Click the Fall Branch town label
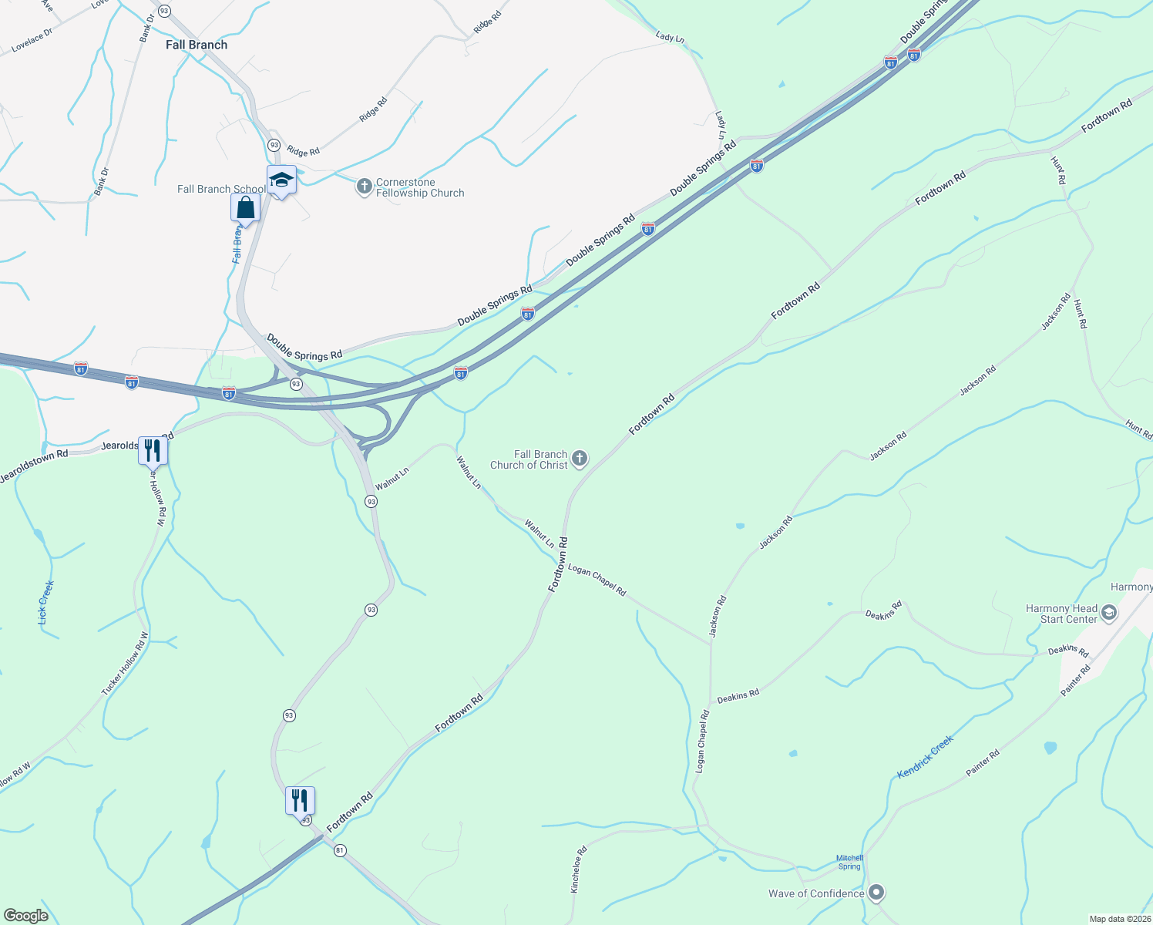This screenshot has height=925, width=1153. coord(197,45)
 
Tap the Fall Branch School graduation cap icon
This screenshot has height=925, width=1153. coord(281,180)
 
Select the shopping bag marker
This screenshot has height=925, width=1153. coord(245,208)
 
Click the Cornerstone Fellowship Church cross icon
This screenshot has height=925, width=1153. coord(364,187)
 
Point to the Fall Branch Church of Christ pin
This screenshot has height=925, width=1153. coord(580,459)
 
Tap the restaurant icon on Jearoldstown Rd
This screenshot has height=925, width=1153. coord(152,450)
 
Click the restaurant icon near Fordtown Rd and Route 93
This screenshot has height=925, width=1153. coord(300,801)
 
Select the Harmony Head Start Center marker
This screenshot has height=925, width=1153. coord(1109,614)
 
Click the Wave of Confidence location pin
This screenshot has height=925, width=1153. coord(876,893)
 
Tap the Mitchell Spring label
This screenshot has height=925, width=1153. coord(849,862)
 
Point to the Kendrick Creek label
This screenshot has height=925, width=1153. coord(925,756)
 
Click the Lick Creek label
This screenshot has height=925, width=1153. coord(46,602)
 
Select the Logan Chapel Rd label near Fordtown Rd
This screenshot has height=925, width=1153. coord(597,580)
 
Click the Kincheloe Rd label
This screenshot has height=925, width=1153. coord(578,869)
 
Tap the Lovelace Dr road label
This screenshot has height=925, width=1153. coord(32,41)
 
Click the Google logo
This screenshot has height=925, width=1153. coord(26,916)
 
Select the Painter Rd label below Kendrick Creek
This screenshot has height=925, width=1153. coord(983,763)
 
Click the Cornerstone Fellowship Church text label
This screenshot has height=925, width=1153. coord(420,188)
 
